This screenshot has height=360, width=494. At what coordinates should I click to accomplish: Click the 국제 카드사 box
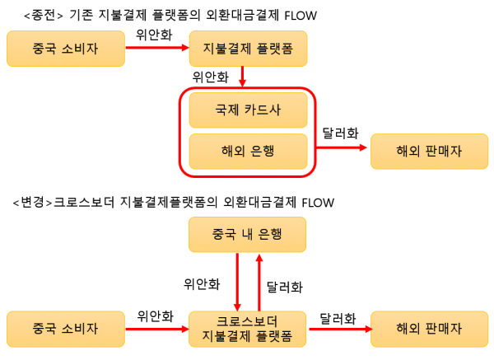pos(248,110)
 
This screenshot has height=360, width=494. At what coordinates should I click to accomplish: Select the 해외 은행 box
pos(248,152)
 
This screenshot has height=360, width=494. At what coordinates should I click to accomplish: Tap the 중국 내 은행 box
pos(247,235)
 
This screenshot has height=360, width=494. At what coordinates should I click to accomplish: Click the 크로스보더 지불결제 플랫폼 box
pos(247,329)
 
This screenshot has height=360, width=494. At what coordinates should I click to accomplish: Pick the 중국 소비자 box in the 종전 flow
pos(66,49)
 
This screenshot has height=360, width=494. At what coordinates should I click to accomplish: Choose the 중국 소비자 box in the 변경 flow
pos(66,329)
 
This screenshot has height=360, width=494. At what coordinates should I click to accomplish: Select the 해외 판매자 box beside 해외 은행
pos(430,152)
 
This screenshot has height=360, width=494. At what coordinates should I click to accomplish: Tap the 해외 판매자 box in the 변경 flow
pos(430,329)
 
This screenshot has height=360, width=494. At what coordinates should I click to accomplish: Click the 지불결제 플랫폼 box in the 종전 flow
pos(248,49)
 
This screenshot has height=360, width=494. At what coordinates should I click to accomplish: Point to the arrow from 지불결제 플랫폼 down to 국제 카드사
pos(242,77)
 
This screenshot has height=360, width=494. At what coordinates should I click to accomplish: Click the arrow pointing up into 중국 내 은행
pos(259,283)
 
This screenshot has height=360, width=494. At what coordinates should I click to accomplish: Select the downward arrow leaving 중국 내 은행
pos(237,282)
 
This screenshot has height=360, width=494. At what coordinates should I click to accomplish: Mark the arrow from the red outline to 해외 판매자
pos(342,147)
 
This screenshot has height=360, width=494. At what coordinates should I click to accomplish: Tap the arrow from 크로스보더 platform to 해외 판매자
pos(341,329)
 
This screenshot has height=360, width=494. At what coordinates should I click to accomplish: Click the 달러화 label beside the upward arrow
pos(285,288)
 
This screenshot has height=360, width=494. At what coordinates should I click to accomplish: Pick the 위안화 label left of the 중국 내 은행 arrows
pos(202,284)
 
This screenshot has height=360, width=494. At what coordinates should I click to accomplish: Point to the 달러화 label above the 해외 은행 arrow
pos(340,133)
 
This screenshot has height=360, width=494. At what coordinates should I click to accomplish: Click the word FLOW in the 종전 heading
pos(301,16)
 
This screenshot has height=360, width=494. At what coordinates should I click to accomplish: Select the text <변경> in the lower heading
pos(32,202)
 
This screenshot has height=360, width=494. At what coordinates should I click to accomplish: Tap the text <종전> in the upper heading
pos(44,15)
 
